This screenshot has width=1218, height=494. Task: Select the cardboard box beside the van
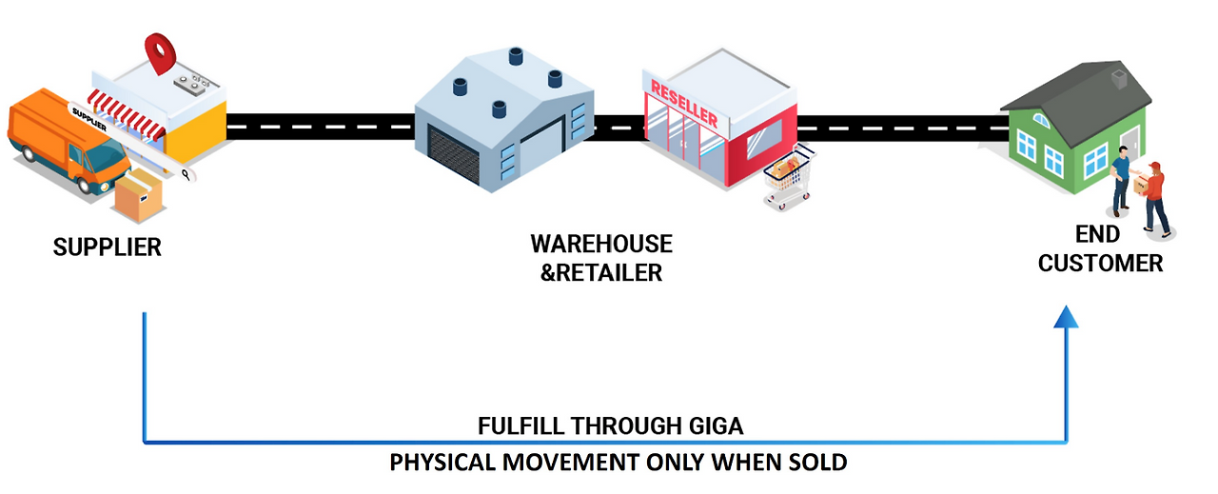[x=138, y=195]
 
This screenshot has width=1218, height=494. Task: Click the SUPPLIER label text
[x=108, y=248]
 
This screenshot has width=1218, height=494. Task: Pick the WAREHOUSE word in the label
[x=601, y=244]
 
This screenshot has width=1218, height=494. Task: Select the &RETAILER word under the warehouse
[x=601, y=273]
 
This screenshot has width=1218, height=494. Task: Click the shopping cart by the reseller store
[x=788, y=177]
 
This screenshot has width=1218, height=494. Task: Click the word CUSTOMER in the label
[x=1101, y=264]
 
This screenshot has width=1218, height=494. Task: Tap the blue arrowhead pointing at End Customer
[x=1068, y=317]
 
